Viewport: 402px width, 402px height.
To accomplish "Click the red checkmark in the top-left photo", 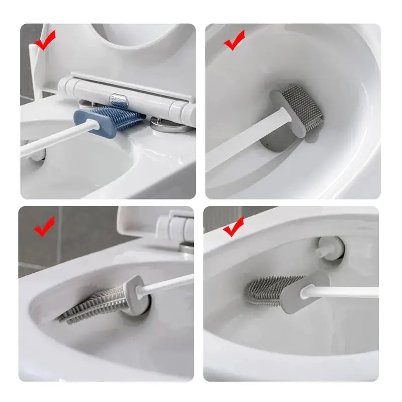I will [45, 41].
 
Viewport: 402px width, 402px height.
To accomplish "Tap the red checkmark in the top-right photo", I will [234, 41].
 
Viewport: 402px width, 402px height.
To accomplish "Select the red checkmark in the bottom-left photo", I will [44, 227].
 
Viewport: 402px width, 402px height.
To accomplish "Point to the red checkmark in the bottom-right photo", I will [233, 227].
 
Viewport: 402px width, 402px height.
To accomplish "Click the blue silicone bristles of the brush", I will [121, 115].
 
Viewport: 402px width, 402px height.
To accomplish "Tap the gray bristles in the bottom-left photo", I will [95, 304].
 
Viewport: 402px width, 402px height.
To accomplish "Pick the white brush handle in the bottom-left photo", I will [166, 284].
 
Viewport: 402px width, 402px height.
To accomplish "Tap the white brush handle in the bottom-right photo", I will [347, 292].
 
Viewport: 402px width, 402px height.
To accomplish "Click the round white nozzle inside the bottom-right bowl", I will [330, 247].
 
